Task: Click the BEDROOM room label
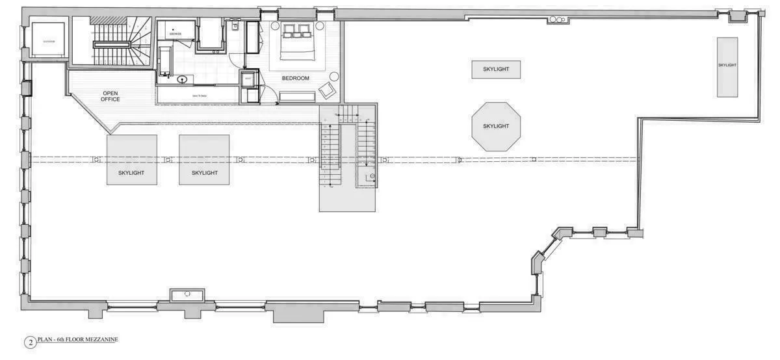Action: (295, 78)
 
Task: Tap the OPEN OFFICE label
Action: (110, 96)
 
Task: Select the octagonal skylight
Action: (497, 126)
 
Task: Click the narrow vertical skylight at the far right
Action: (727, 66)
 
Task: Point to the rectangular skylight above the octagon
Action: (496, 69)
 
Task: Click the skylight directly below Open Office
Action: (132, 160)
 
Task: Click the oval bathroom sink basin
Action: (183, 79)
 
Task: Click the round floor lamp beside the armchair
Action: (334, 75)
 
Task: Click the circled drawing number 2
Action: (30, 342)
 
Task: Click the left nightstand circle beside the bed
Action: (275, 27)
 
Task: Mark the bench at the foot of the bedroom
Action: (297, 97)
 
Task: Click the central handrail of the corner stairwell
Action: (113, 44)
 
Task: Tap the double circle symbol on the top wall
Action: (555, 20)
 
